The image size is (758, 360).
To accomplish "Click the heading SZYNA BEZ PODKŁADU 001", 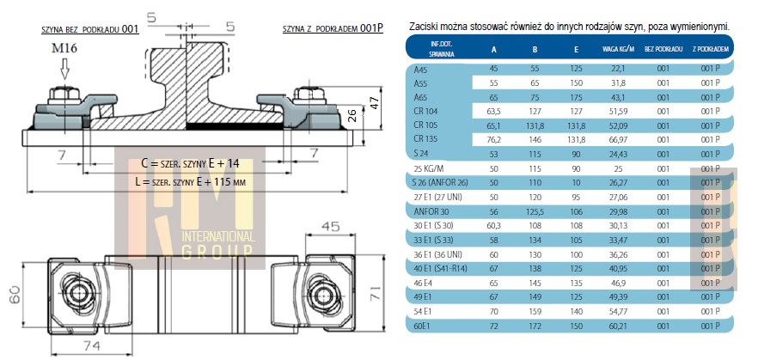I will tap(89, 29).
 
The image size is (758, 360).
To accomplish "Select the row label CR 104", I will tap(426, 111).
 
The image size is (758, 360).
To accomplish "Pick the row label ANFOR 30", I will tap(431, 211).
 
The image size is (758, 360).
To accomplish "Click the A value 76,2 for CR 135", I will tap(493, 138).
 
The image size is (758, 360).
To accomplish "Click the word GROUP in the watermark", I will tap(216, 252).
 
